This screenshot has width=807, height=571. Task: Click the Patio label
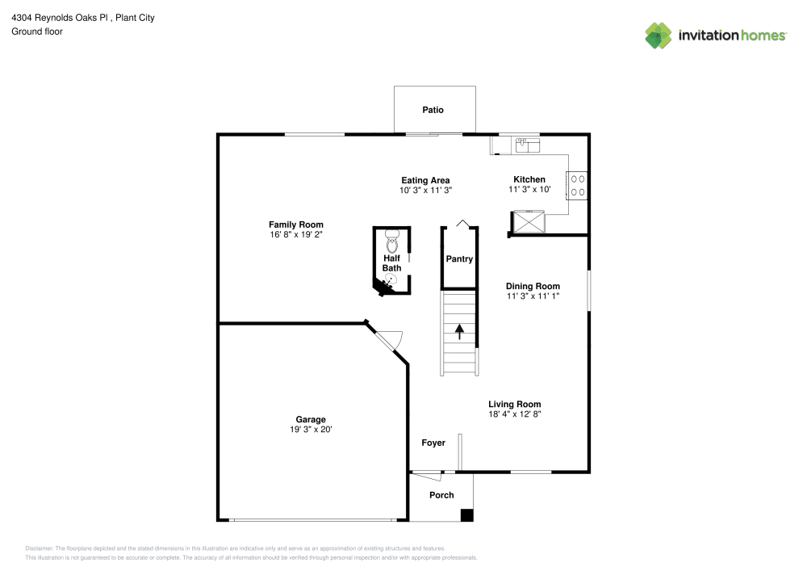click(433, 110)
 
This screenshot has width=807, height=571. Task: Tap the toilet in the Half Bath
click(392, 241)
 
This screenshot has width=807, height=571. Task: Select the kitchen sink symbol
click(527, 144)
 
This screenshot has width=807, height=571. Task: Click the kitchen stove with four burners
click(577, 187)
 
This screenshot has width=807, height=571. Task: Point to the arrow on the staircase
click(460, 331)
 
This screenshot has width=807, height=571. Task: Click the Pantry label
click(459, 259)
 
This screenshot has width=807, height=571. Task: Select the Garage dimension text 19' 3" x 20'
click(311, 430)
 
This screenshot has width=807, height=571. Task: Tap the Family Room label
click(296, 225)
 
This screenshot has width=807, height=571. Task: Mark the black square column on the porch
click(466, 514)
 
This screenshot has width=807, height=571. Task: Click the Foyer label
click(433, 443)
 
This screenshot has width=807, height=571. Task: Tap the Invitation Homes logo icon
click(658, 36)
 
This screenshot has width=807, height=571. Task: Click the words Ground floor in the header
click(37, 31)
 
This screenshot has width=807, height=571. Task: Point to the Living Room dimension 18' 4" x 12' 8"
click(514, 414)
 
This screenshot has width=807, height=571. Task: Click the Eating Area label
click(425, 180)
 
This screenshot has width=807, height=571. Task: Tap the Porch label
click(441, 495)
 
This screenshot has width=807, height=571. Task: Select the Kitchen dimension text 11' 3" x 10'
click(529, 190)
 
